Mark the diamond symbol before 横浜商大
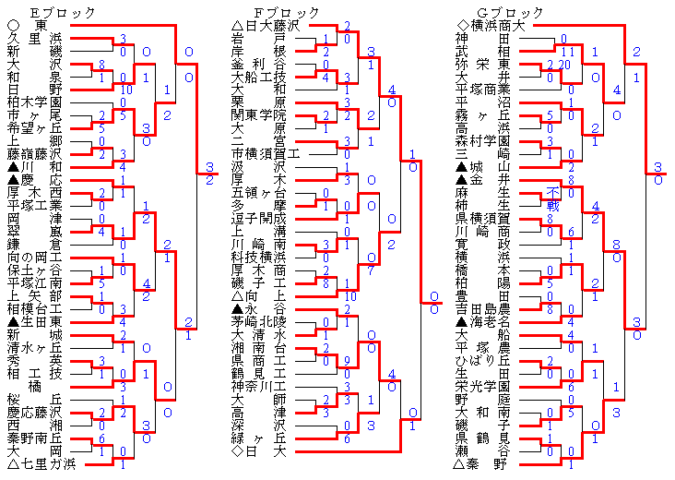click(x=462, y=25)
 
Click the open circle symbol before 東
click(x=12, y=25)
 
